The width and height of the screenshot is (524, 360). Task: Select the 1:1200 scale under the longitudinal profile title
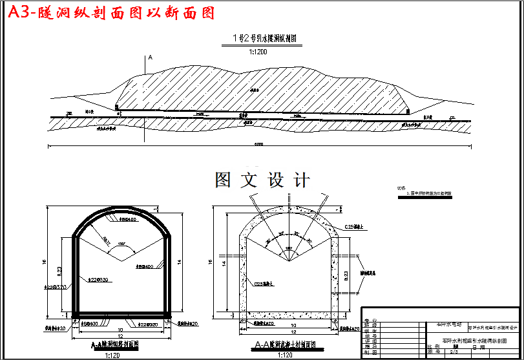[x=258, y=52]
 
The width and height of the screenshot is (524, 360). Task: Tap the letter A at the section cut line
[x=150, y=58]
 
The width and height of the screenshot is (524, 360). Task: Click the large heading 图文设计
[x=262, y=180]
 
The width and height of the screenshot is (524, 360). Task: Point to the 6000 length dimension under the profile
[x=258, y=144]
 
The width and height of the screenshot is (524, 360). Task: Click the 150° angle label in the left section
[x=121, y=244]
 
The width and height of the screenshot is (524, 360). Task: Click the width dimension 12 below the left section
[x=120, y=336]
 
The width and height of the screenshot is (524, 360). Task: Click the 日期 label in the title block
[x=479, y=348]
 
